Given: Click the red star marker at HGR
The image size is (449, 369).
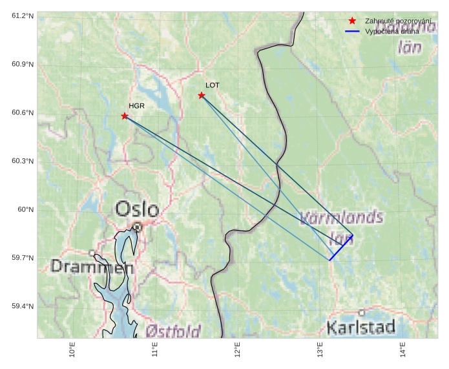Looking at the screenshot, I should [125, 116].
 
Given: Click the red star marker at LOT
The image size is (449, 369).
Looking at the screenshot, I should [202, 96].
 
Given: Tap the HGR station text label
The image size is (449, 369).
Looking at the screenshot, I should [136, 106].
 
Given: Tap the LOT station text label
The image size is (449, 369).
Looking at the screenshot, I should [213, 85].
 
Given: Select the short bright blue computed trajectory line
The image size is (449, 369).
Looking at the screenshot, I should [340, 248].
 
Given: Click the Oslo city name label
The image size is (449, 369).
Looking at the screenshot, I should [137, 209].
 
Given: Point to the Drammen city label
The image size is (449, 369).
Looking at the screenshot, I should [92, 267].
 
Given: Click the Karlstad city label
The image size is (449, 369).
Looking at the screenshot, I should [360, 327].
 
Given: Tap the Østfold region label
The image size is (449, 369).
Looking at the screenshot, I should [173, 332].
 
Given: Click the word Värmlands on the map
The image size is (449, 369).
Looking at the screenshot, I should [342, 218].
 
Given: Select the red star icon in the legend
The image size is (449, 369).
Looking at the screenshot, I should [352, 21].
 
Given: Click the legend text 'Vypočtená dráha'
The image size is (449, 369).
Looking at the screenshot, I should [392, 31].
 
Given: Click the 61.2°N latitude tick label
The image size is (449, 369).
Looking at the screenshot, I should [23, 16].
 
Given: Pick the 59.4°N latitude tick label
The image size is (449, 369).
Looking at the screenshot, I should [23, 306].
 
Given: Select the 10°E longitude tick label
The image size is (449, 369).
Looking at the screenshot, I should [72, 350].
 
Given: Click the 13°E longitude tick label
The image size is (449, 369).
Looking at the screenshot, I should [320, 350].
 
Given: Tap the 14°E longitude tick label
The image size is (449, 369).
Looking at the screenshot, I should [403, 350].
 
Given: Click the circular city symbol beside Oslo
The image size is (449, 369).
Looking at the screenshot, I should [138, 227].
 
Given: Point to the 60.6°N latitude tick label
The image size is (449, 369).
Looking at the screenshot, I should [23, 113].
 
